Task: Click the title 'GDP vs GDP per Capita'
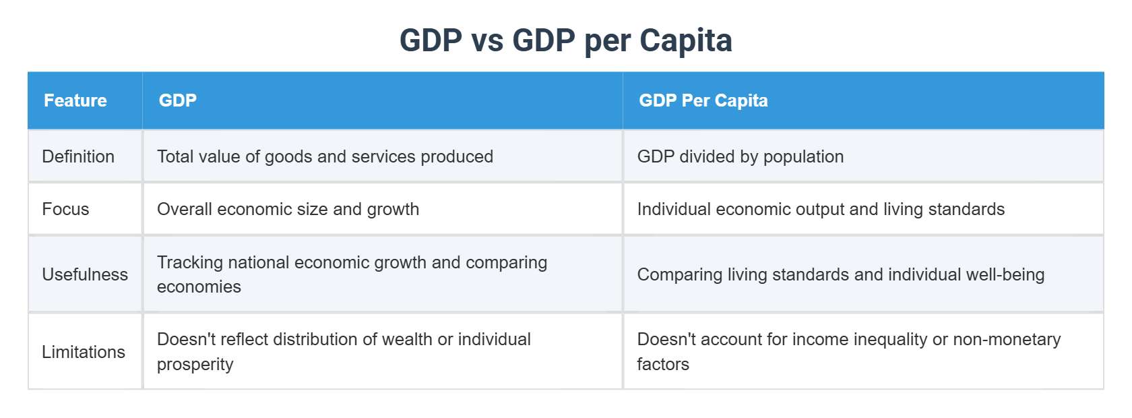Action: pos(565,40)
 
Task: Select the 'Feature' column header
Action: pos(75,100)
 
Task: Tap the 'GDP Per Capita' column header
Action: pos(703,100)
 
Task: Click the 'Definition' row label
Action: pos(78,156)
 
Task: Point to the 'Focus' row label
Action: pos(65,209)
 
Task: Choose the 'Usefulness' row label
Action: pos(85,274)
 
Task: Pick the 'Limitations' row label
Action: pos(84,352)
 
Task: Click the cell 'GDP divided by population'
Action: pos(740,156)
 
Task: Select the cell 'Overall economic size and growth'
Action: pos(288,209)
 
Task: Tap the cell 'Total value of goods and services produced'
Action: pos(325,156)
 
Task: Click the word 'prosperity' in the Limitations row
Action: pos(195,364)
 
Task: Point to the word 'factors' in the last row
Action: pos(663,364)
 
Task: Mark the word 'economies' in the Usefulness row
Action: pos(199,287)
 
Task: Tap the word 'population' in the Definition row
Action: pos(803,156)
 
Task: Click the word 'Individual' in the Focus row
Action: pos(674,209)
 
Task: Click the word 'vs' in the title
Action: pos(487,40)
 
